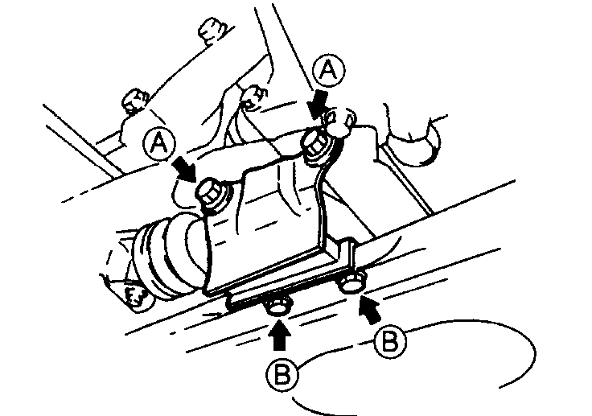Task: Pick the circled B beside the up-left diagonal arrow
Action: [x=391, y=341]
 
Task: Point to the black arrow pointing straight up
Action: [x=279, y=334]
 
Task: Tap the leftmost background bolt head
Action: [x=133, y=101]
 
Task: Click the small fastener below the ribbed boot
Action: [x=135, y=299]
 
